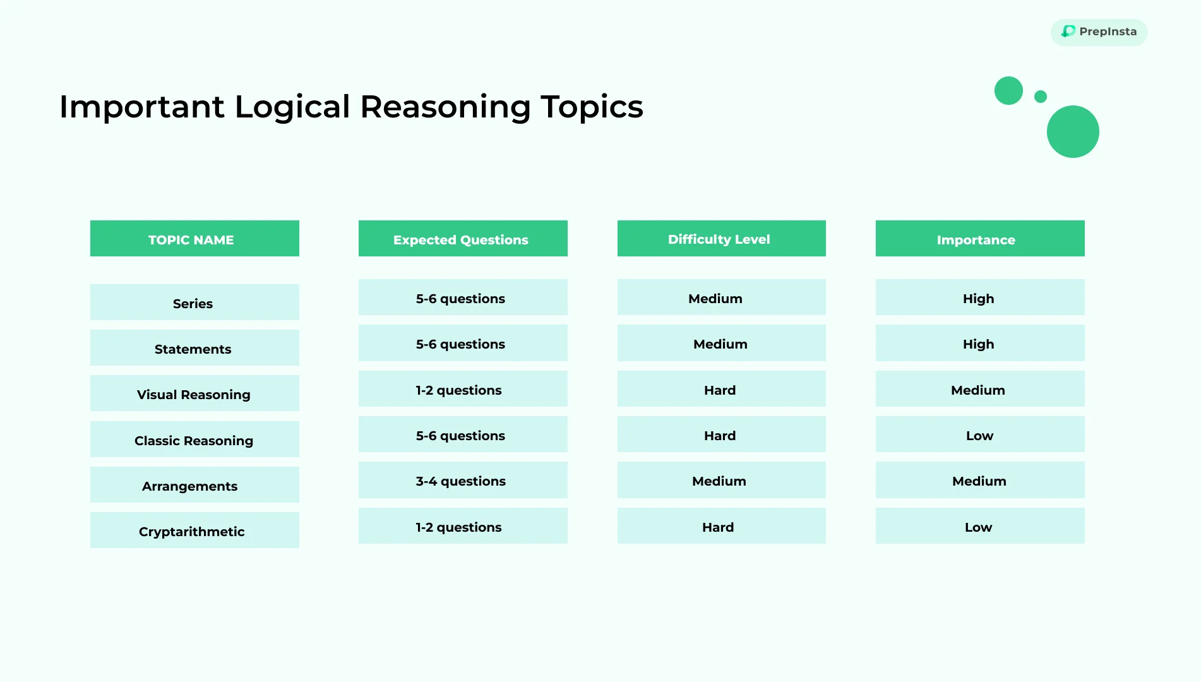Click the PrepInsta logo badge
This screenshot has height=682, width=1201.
[x=1099, y=32]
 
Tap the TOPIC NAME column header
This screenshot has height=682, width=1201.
[x=194, y=239]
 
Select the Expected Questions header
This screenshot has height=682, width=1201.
[x=463, y=239]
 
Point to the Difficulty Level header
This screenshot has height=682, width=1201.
[x=722, y=239]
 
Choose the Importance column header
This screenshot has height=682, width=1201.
[x=980, y=239]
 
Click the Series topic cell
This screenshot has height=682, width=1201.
[x=194, y=302]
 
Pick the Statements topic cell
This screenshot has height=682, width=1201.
[x=194, y=348]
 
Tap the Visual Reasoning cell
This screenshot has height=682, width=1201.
[x=194, y=393]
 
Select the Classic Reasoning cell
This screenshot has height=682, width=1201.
[x=194, y=440]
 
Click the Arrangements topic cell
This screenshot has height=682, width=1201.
[x=194, y=485]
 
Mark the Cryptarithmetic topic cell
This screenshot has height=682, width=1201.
[x=194, y=530]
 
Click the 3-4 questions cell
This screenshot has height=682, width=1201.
[x=463, y=480]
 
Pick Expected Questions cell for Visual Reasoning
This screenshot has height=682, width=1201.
[x=463, y=389]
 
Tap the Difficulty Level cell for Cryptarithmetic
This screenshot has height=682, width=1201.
[x=722, y=526]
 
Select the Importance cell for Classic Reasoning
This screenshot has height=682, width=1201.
[x=980, y=434]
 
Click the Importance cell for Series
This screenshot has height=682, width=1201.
[x=980, y=297]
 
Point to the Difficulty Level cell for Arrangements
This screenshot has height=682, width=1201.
[x=722, y=480]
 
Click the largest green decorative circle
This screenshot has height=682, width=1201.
[x=1073, y=131]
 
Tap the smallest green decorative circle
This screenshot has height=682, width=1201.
[x=1041, y=97]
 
